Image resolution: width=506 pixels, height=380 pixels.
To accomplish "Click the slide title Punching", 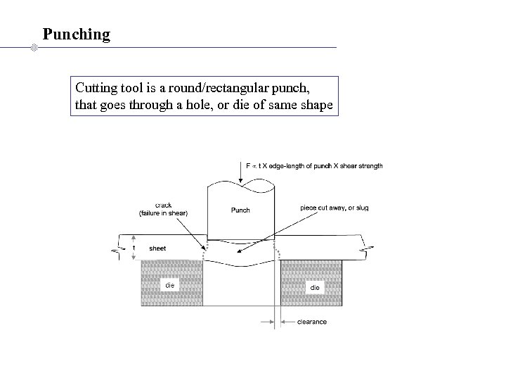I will tap(76, 33).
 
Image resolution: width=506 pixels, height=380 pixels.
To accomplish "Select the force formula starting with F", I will tap(314, 166).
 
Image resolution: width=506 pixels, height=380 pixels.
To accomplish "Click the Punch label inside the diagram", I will tap(240, 210).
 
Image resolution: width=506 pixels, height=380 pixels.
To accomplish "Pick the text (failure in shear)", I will tap(163, 213).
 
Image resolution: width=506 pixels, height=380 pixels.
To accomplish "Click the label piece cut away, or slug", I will tap(334, 208).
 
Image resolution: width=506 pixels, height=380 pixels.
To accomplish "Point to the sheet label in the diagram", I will tap(157, 248).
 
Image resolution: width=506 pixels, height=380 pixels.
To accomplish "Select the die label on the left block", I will tap(169, 285).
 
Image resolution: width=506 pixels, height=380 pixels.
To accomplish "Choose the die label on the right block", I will tap(314, 287).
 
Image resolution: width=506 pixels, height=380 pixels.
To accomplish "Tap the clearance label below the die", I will tap(312, 322).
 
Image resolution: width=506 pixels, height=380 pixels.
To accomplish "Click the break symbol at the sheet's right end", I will tap(365, 247).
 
